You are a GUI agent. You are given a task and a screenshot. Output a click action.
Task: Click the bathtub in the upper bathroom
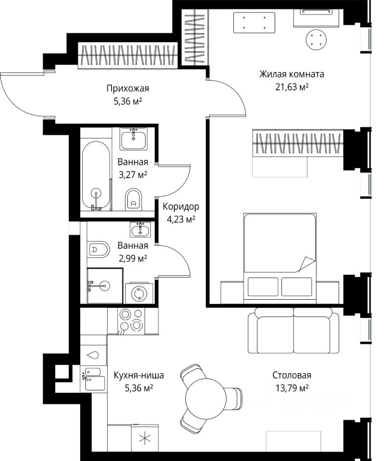(x=96, y=176)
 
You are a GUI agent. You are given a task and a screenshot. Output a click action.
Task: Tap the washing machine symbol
(x=139, y=293)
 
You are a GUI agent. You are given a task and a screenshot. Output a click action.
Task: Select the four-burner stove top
(x=131, y=321)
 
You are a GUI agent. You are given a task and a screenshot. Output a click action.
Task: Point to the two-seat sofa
(x=293, y=330)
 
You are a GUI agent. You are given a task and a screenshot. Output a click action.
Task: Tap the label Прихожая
(x=128, y=88)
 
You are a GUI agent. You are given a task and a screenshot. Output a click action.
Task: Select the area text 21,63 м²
(x=292, y=87)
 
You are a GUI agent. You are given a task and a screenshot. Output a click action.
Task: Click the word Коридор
(x=181, y=206)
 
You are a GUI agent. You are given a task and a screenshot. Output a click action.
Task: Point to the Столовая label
(x=292, y=375)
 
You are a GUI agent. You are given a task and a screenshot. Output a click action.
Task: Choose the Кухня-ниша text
(x=138, y=375)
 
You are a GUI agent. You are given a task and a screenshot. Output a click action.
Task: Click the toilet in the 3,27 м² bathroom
(x=134, y=199)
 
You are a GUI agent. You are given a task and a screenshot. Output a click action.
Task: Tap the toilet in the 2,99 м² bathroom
(x=98, y=250)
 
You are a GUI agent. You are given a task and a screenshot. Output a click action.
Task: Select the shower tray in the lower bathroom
(x=105, y=286)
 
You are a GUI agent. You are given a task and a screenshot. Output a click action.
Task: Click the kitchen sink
(x=95, y=379)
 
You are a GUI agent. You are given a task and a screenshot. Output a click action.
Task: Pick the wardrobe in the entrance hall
(x=128, y=56)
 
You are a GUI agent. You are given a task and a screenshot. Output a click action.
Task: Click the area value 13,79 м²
(x=292, y=388)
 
